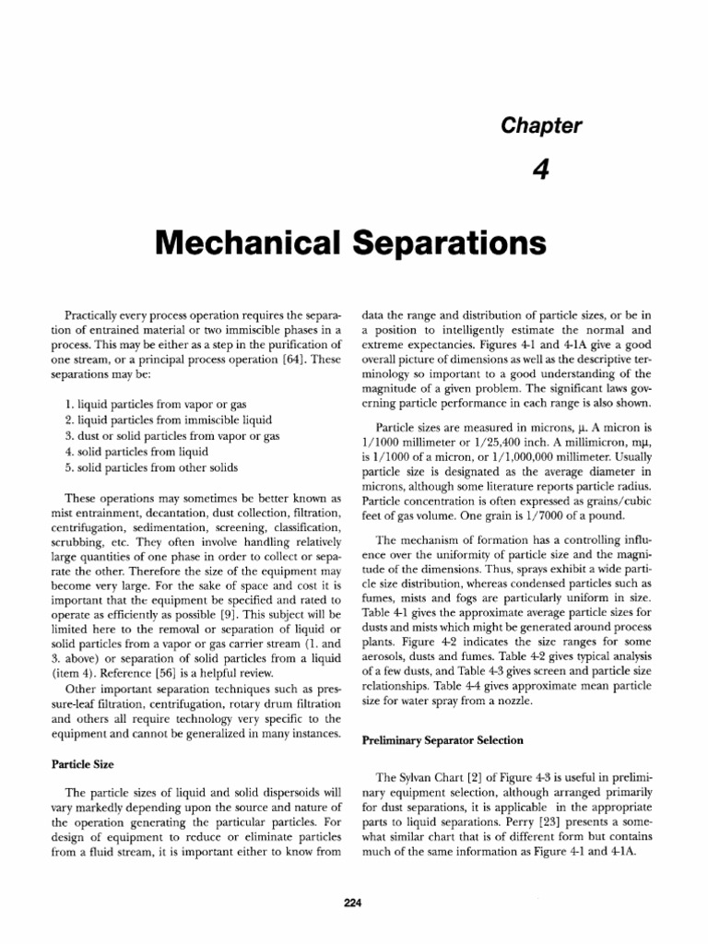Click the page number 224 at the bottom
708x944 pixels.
[353, 903]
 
